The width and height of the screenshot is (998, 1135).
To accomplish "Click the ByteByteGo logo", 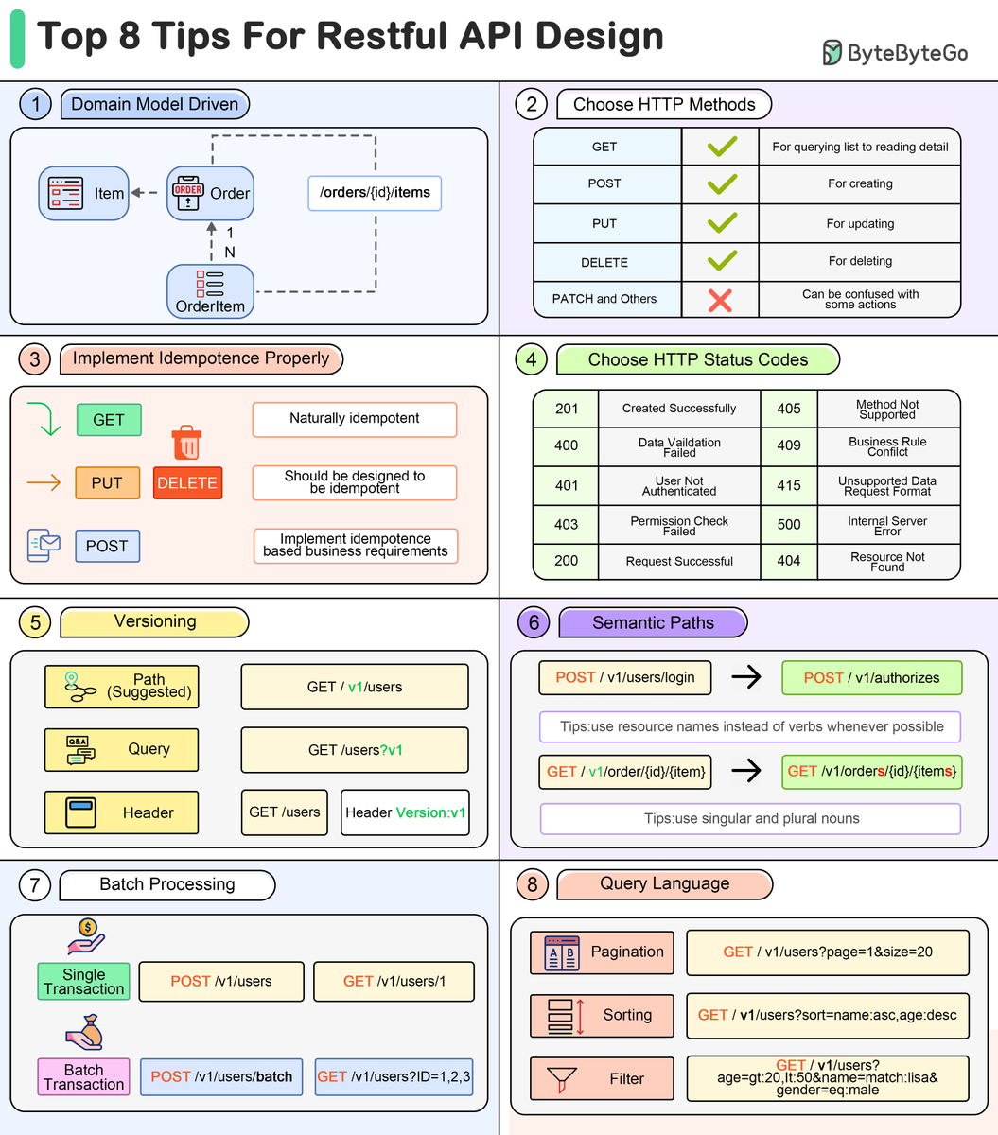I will [894, 53].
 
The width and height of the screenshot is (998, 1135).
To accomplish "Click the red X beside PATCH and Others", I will [720, 300].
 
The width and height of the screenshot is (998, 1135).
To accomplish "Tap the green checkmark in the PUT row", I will [722, 223].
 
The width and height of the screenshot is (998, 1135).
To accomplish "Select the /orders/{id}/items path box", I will [375, 193].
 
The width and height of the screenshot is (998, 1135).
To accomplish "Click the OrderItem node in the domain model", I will [210, 291].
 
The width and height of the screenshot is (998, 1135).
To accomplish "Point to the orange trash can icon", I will [186, 442].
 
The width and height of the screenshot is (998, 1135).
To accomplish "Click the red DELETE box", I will [187, 482].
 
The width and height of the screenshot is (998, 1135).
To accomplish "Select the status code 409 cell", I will [789, 445].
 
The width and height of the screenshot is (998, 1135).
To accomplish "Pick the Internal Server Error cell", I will [887, 526].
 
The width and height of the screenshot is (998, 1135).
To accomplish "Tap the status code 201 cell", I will [566, 409].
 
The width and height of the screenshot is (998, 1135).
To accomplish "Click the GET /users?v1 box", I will [355, 750].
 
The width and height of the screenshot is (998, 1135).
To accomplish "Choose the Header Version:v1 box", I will [405, 812].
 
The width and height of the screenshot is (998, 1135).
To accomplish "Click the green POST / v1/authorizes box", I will [871, 677].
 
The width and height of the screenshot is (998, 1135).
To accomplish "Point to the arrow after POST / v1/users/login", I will [746, 677].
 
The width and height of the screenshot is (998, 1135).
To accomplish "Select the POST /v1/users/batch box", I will [221, 1076].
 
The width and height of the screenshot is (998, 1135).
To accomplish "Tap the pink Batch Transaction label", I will [83, 1076].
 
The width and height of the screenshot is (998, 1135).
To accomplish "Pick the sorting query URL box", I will [827, 1015].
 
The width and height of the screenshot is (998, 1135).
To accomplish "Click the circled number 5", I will [35, 622].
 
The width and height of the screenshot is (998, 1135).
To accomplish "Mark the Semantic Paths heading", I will [653, 622].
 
